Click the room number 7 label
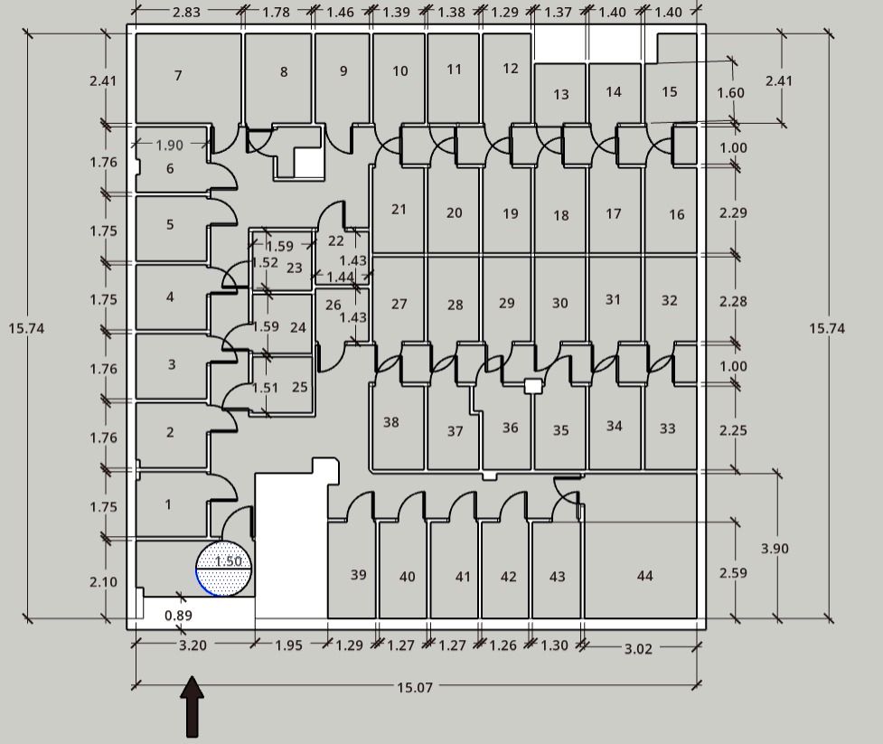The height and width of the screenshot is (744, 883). (178, 75)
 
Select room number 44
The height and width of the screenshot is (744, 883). (644, 576)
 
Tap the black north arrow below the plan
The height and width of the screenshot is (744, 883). (192, 706)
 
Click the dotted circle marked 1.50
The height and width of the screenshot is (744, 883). (224, 568)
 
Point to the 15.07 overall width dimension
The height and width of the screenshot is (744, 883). (415, 687)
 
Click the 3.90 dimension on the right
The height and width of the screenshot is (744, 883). (775, 548)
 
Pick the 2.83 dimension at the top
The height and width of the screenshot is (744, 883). (186, 12)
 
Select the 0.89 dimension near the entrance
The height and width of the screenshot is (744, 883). (179, 615)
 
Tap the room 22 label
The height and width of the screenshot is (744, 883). (335, 240)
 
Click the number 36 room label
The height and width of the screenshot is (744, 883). (511, 428)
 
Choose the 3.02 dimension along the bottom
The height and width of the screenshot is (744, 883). (638, 649)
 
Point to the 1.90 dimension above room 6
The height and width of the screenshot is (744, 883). (170, 145)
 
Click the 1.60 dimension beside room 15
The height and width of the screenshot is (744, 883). (730, 92)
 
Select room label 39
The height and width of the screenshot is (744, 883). (359, 574)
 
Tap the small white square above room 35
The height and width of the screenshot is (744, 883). (532, 386)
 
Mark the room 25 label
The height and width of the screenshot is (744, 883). (299, 387)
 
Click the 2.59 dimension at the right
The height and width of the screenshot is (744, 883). (733, 573)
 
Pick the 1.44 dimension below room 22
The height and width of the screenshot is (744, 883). (340, 277)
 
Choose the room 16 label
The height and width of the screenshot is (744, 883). (676, 214)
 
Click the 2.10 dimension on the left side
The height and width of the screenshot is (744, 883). (104, 581)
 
